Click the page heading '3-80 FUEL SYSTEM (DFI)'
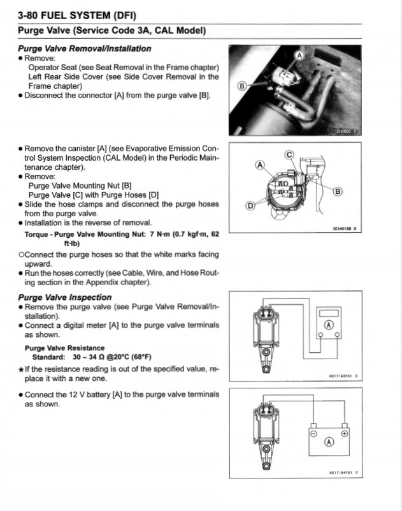[x=77, y=15]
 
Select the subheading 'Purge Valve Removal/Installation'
[x=85, y=48]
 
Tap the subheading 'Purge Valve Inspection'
[x=65, y=297]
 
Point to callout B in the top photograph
[x=241, y=85]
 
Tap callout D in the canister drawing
[x=250, y=205]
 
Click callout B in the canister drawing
[x=338, y=191]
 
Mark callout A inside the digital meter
[x=329, y=325]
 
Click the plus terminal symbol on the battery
[x=345, y=433]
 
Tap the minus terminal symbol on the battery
[x=313, y=433]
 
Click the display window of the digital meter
[x=329, y=313]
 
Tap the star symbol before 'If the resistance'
[x=22, y=369]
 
